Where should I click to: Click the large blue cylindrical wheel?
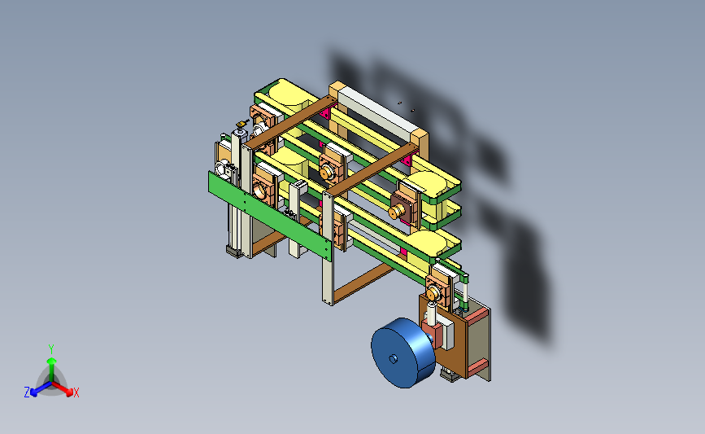tap(403, 353)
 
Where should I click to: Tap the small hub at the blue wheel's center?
tap(393, 359)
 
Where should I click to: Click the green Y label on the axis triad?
tap(51, 349)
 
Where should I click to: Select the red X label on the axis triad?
tap(76, 392)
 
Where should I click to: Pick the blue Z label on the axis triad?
tap(27, 392)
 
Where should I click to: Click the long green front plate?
tap(270, 215)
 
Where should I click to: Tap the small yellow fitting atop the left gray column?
tap(242, 123)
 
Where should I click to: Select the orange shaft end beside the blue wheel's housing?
tap(433, 295)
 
